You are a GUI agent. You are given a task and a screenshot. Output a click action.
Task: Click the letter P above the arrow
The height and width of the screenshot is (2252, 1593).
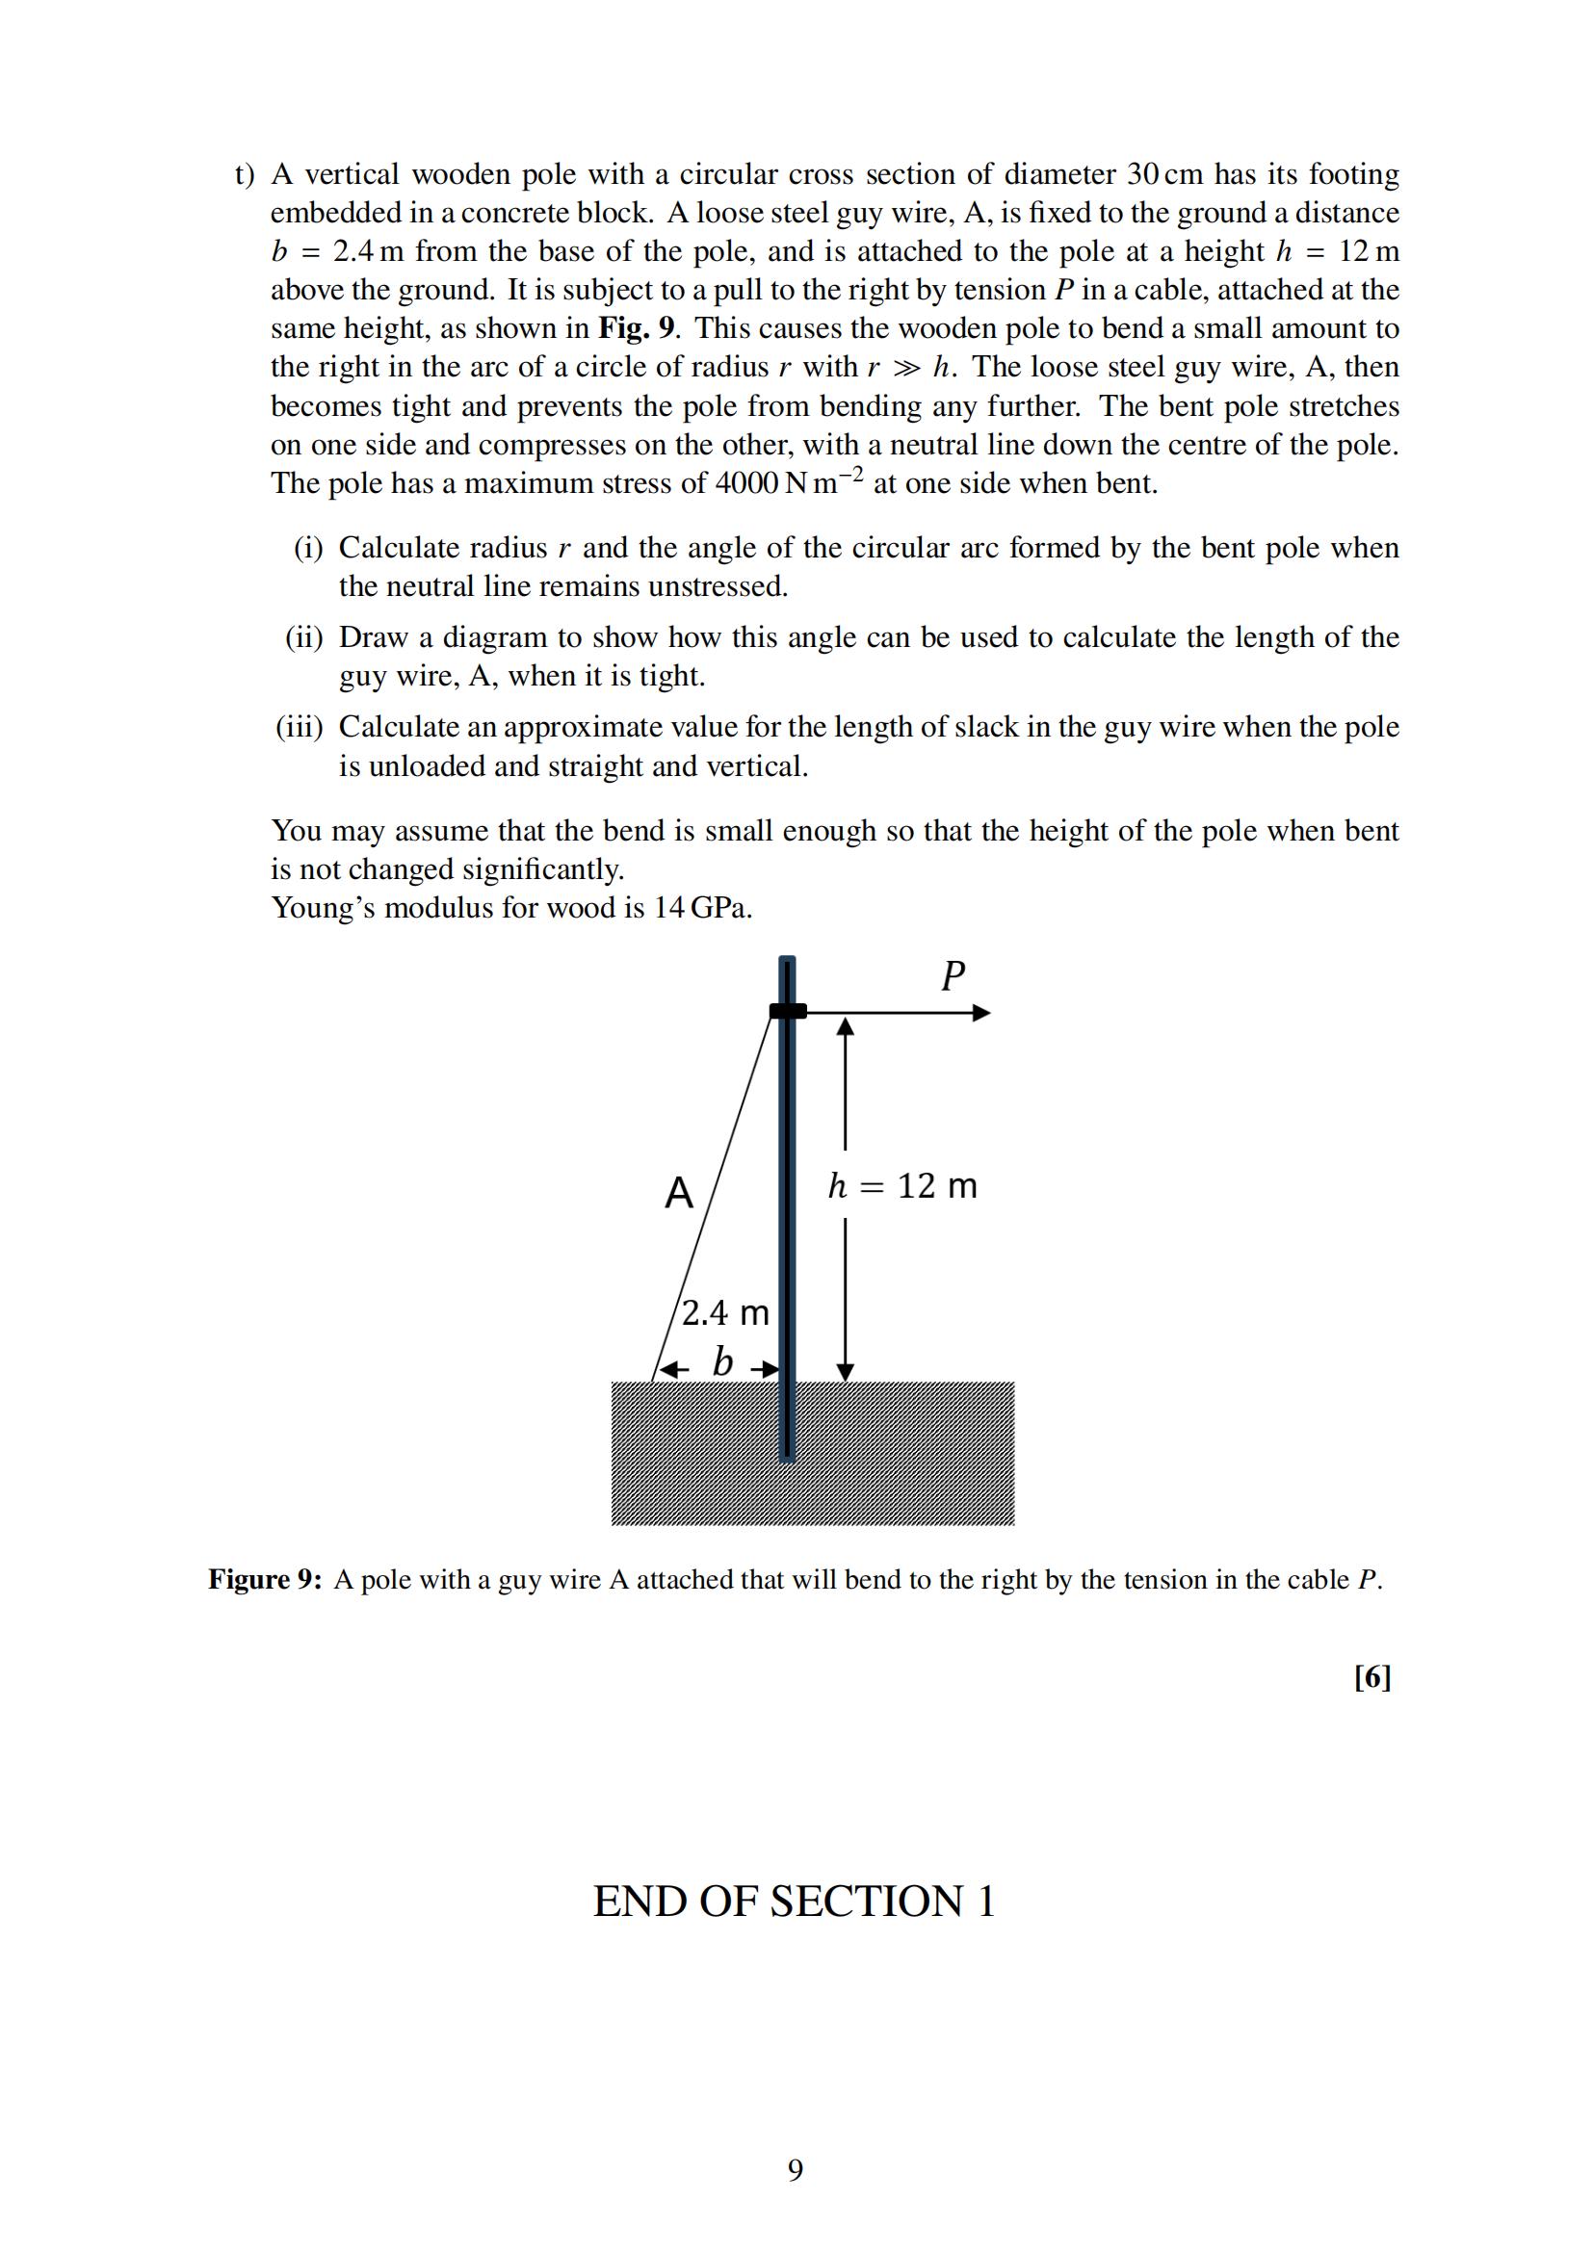point(953,976)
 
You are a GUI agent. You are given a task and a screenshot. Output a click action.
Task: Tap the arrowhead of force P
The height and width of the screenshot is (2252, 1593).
point(980,1013)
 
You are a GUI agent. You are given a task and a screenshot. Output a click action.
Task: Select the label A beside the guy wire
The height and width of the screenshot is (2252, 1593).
point(679,1194)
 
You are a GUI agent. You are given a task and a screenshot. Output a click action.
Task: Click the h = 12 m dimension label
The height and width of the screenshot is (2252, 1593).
point(902,1186)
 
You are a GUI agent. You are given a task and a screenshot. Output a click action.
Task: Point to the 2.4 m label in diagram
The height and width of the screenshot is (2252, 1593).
point(725,1312)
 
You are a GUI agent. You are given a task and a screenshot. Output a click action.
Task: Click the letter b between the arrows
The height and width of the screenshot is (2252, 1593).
point(723,1363)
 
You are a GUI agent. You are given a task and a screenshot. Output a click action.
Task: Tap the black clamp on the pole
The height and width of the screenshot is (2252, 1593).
point(788,1011)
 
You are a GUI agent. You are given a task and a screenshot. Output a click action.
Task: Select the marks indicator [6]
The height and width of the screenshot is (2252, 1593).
point(1371,1677)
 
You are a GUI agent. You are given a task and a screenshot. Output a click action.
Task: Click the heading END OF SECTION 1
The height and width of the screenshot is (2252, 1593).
point(795,1901)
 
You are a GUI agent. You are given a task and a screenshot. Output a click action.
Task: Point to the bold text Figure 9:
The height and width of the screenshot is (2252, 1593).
point(265,1579)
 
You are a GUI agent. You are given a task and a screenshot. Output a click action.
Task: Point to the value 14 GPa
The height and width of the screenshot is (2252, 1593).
point(703,908)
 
